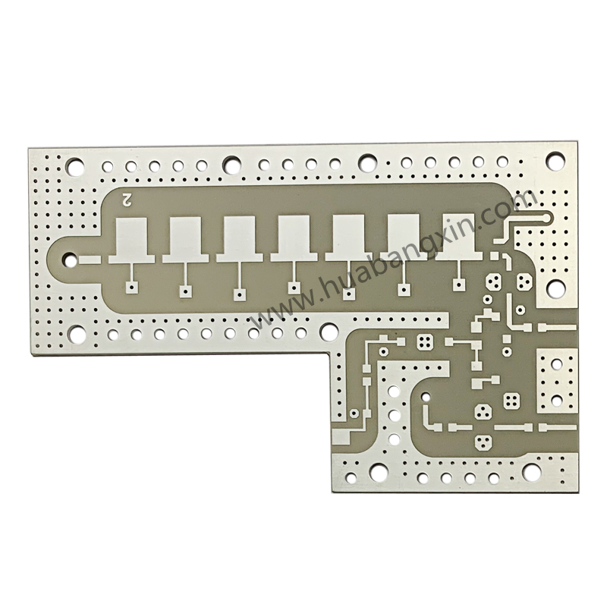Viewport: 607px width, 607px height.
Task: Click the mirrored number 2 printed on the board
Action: [x=127, y=200]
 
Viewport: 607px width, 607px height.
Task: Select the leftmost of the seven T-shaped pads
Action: [x=131, y=241]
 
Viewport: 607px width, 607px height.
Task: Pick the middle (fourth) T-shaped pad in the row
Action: [x=294, y=239]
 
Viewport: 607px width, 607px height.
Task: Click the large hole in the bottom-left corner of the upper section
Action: [x=78, y=334]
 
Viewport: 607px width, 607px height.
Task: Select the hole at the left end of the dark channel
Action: [x=70, y=259]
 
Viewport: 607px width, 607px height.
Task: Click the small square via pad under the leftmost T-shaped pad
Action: [x=132, y=288]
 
